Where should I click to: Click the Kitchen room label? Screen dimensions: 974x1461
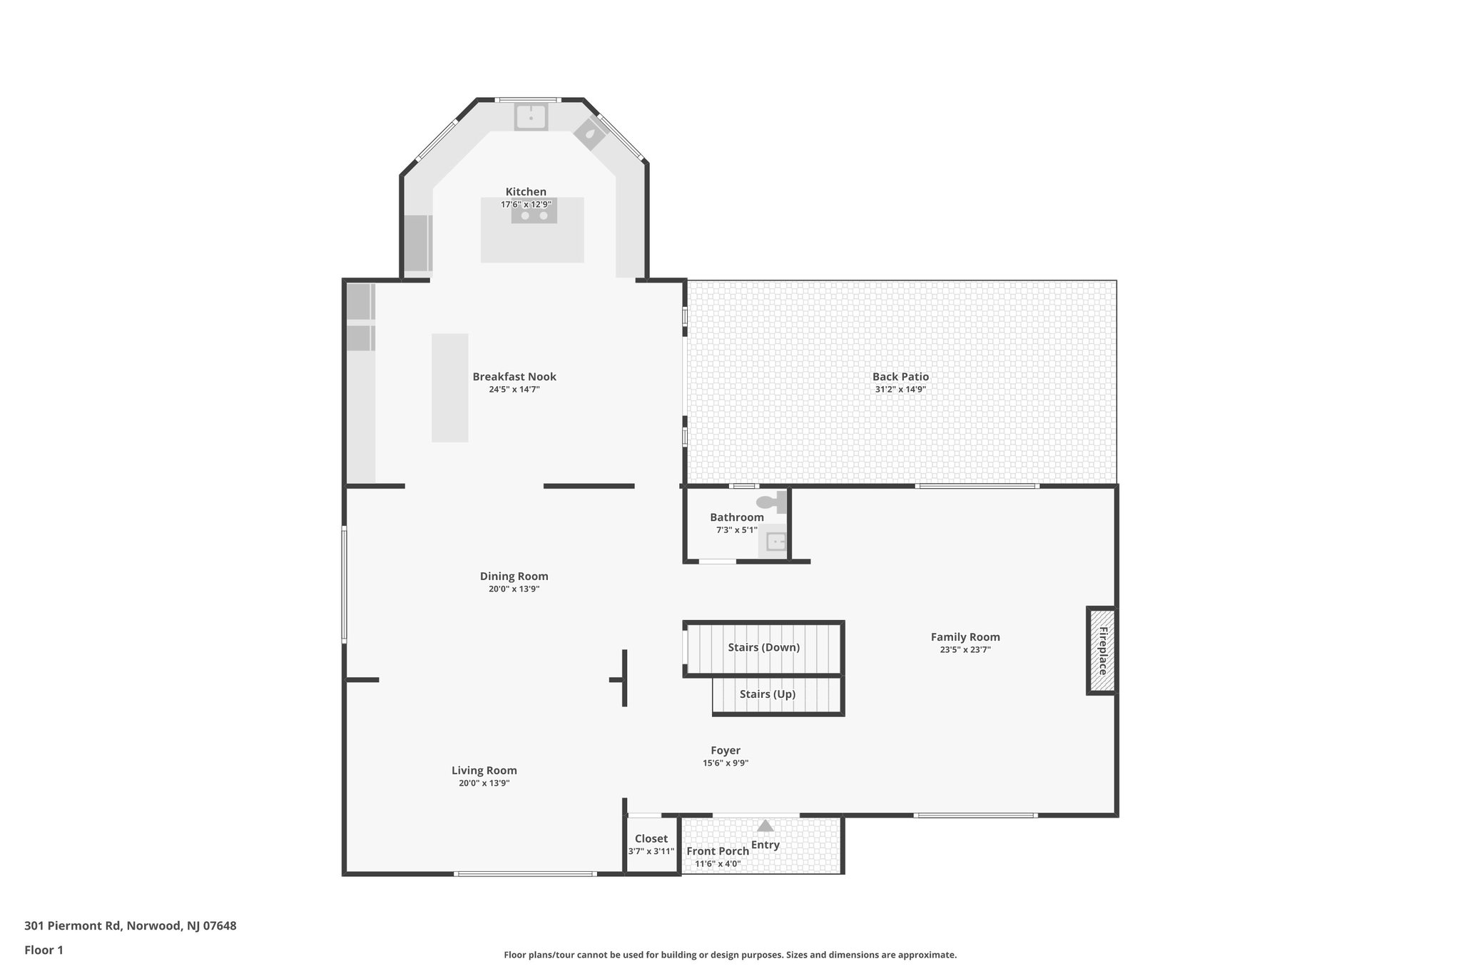526,192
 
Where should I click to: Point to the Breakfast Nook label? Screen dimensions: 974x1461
514,377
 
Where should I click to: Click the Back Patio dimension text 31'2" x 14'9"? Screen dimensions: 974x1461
900,390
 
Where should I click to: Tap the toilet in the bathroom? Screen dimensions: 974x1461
769,502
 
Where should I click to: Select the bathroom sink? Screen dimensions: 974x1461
775,542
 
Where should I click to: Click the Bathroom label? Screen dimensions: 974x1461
736,517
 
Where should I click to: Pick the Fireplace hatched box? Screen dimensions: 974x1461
1101,650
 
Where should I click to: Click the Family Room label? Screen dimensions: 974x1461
965,637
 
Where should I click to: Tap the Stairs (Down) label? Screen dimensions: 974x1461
763,648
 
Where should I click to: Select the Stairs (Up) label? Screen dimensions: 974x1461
767,694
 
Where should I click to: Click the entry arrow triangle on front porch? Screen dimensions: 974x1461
765,826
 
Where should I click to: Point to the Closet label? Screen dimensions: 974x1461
651,839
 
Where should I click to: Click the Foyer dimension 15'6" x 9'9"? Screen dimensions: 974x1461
726,764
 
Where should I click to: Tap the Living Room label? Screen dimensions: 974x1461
484,771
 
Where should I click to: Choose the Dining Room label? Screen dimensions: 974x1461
514,577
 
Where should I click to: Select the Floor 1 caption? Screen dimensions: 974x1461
44,950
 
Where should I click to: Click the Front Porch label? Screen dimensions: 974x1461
718,851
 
